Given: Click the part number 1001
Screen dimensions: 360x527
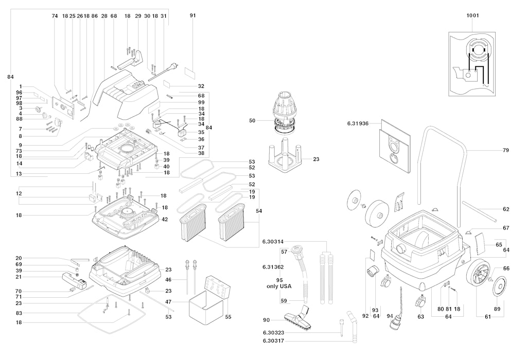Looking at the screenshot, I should tap(472, 15).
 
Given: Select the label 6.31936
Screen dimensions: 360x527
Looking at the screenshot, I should tap(358, 123).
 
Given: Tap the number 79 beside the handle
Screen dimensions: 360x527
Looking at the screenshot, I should tap(506, 150).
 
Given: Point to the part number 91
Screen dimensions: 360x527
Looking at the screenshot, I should tap(193, 15).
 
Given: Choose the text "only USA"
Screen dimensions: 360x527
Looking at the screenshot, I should tap(279, 286).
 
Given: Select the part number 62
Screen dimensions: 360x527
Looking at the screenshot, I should tap(506, 209).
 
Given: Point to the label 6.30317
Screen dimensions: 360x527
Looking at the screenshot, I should tap(276, 341).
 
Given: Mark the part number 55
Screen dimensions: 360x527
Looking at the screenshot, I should tap(228, 317).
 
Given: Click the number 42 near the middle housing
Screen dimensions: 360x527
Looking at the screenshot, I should tap(165, 220).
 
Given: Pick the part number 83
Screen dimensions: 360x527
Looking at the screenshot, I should tap(19, 313).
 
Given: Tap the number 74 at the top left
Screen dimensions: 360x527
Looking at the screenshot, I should tap(55, 16).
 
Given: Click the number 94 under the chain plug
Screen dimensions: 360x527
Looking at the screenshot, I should tap(390, 316).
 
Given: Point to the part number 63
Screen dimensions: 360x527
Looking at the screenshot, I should tap(421, 316).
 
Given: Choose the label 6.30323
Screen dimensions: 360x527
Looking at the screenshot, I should tap(276, 333).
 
